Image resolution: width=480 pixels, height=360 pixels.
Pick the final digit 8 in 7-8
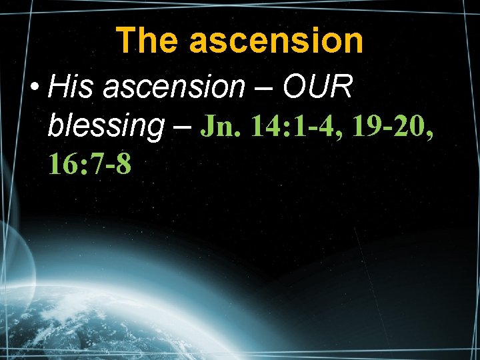[123, 163]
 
